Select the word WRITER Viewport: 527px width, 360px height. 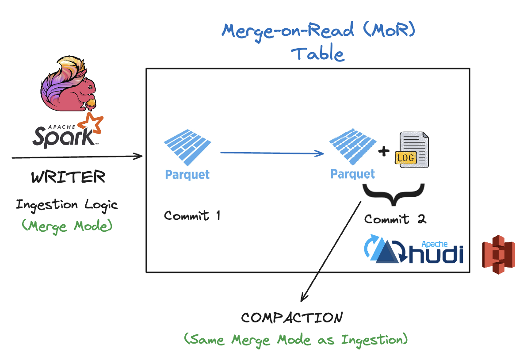(x=69, y=177)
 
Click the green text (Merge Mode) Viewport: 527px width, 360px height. (x=67, y=226)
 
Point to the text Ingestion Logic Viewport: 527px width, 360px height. (x=67, y=205)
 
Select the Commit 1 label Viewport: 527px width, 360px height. (x=192, y=216)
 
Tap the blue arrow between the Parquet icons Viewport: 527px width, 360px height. (x=272, y=153)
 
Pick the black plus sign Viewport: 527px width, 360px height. (x=384, y=151)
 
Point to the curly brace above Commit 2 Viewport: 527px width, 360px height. (x=393, y=195)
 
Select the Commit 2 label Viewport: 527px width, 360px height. (x=395, y=219)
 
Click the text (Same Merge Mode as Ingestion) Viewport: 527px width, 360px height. (x=295, y=340)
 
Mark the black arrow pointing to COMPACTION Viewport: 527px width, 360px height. (x=332, y=250)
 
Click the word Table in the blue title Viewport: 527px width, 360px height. (x=317, y=54)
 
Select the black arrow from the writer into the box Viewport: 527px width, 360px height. (x=77, y=157)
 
